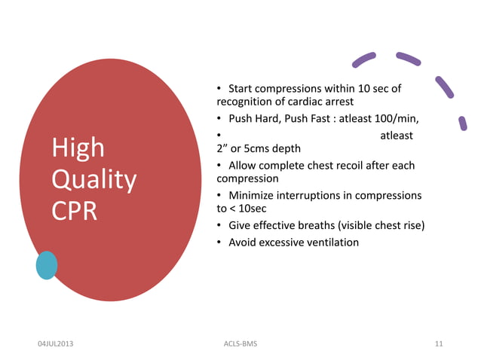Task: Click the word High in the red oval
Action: [x=78, y=148]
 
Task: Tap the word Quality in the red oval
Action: [x=93, y=181]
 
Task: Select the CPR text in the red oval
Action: [x=74, y=212]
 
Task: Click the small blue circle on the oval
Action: [x=47, y=265]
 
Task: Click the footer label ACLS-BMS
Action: [x=240, y=344]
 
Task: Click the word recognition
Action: [x=247, y=102]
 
